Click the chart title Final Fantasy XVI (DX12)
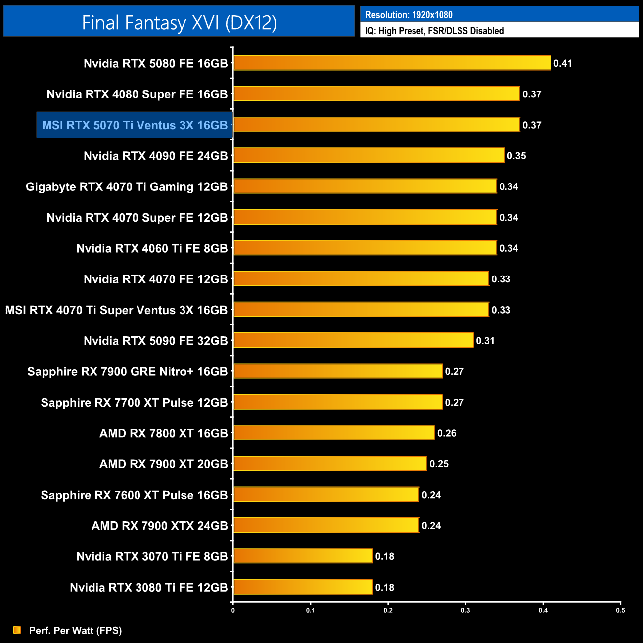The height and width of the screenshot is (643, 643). coord(179,23)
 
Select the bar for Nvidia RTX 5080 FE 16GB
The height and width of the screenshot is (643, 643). coord(392,63)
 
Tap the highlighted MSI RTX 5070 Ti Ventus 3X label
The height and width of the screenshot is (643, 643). coord(135,125)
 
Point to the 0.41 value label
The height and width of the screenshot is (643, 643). coord(562,63)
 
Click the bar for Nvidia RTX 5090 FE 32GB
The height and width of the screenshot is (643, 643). coord(353,340)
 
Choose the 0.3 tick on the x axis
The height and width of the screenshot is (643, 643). coord(465,610)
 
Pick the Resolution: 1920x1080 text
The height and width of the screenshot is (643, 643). coord(409,15)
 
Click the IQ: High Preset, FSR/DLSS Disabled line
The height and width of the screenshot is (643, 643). coord(434,31)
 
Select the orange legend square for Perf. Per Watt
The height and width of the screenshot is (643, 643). coord(17,630)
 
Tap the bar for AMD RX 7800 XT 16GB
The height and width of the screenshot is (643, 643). coord(334,433)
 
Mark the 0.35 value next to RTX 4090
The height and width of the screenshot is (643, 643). coord(516,156)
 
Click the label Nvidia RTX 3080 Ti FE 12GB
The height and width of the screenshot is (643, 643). coord(149,588)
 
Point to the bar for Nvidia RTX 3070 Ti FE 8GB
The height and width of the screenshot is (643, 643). coord(303,556)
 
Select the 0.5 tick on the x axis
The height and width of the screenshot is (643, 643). coord(620,610)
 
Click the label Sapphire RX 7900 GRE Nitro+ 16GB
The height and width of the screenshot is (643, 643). coord(128,372)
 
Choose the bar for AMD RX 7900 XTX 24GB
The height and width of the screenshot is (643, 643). coord(326,525)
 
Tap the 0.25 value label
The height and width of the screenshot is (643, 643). coord(439,464)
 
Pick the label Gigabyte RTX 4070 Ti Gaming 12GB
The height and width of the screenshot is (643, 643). coord(127,187)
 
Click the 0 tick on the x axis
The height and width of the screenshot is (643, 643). coord(233,610)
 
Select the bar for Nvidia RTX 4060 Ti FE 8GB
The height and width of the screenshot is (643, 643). coord(365,248)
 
